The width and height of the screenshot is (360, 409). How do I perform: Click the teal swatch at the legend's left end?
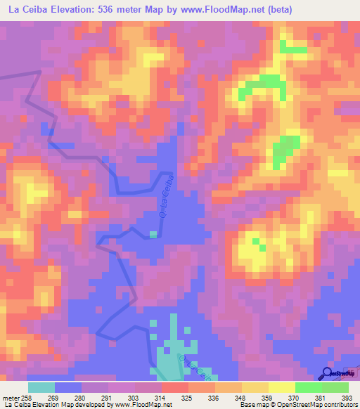pos(41,387)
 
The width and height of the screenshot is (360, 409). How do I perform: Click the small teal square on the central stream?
pos(153,234)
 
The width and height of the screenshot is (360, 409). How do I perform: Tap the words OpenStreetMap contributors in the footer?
pos(323,405)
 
